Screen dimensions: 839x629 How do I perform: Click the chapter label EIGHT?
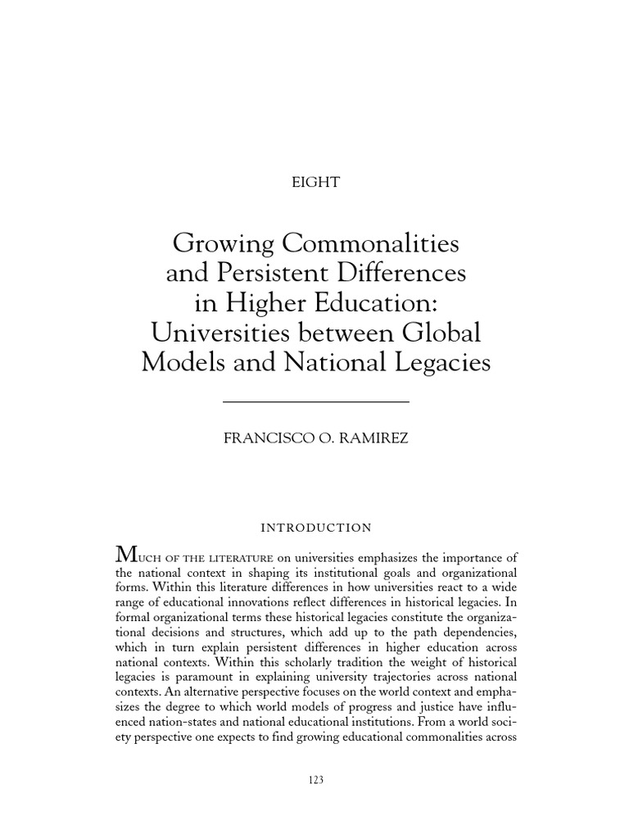tap(315, 183)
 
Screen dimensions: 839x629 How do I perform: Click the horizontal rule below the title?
tap(315, 401)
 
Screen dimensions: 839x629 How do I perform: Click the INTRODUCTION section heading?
tap(315, 528)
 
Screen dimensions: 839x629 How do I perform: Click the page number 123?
tap(314, 781)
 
